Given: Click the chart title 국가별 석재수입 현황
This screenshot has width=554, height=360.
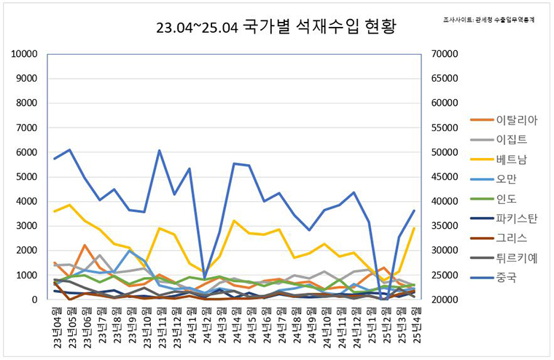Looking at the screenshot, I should [x=277, y=28].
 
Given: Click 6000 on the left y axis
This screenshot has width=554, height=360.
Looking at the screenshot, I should [x=27, y=152].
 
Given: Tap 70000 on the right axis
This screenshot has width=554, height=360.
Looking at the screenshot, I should [x=445, y=55].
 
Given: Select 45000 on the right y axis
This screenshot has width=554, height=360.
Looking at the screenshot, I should [x=445, y=177].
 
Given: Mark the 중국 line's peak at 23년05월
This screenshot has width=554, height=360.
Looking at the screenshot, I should [x=69, y=150].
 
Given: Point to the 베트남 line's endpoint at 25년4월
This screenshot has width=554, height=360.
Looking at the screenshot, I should [x=415, y=228].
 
